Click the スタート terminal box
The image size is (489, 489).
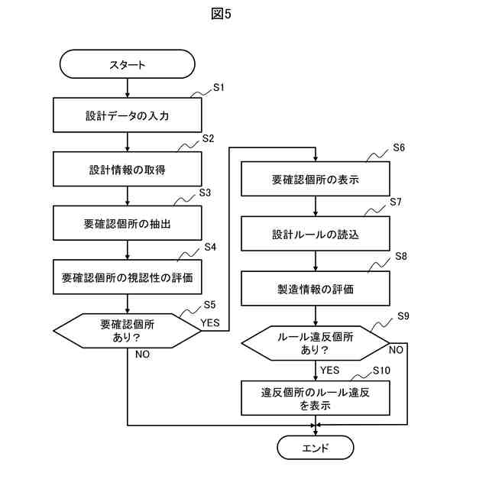tap(128, 64)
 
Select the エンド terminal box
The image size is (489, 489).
tap(316, 448)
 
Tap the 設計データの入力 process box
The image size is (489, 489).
tap(128, 115)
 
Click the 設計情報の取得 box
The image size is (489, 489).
tap(128, 169)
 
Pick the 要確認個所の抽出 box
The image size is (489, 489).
tap(128, 223)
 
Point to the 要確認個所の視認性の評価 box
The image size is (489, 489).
tap(128, 277)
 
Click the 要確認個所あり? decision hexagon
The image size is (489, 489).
tap(128, 331)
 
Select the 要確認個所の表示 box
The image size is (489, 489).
tap(316, 179)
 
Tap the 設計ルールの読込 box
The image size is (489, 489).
tap(316, 234)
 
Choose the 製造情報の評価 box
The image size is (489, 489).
tap(316, 289)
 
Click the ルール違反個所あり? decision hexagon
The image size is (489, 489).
tap(316, 343)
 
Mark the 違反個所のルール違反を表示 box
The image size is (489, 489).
tap(316, 398)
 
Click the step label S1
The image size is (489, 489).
tap(219, 88)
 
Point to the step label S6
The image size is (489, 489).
tap(399, 147)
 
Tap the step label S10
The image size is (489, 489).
tap(381, 371)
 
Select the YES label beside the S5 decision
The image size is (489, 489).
tap(210, 322)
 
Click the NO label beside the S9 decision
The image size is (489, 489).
tap(396, 350)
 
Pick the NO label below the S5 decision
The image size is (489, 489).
tap(143, 355)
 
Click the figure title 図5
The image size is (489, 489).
tap(221, 14)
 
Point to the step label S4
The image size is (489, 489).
tap(210, 247)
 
